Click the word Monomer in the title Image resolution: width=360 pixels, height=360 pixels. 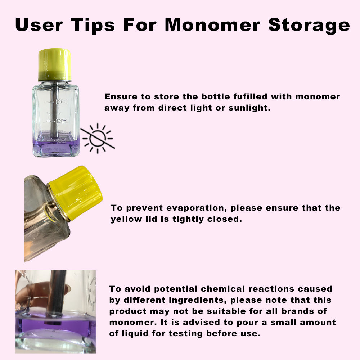(212, 24)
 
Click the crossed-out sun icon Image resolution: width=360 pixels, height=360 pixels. (98, 138)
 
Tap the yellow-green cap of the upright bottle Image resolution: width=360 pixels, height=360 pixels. (54, 64)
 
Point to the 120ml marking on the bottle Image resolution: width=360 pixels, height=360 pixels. (62, 121)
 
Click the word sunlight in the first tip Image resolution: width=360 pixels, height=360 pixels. (249, 108)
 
